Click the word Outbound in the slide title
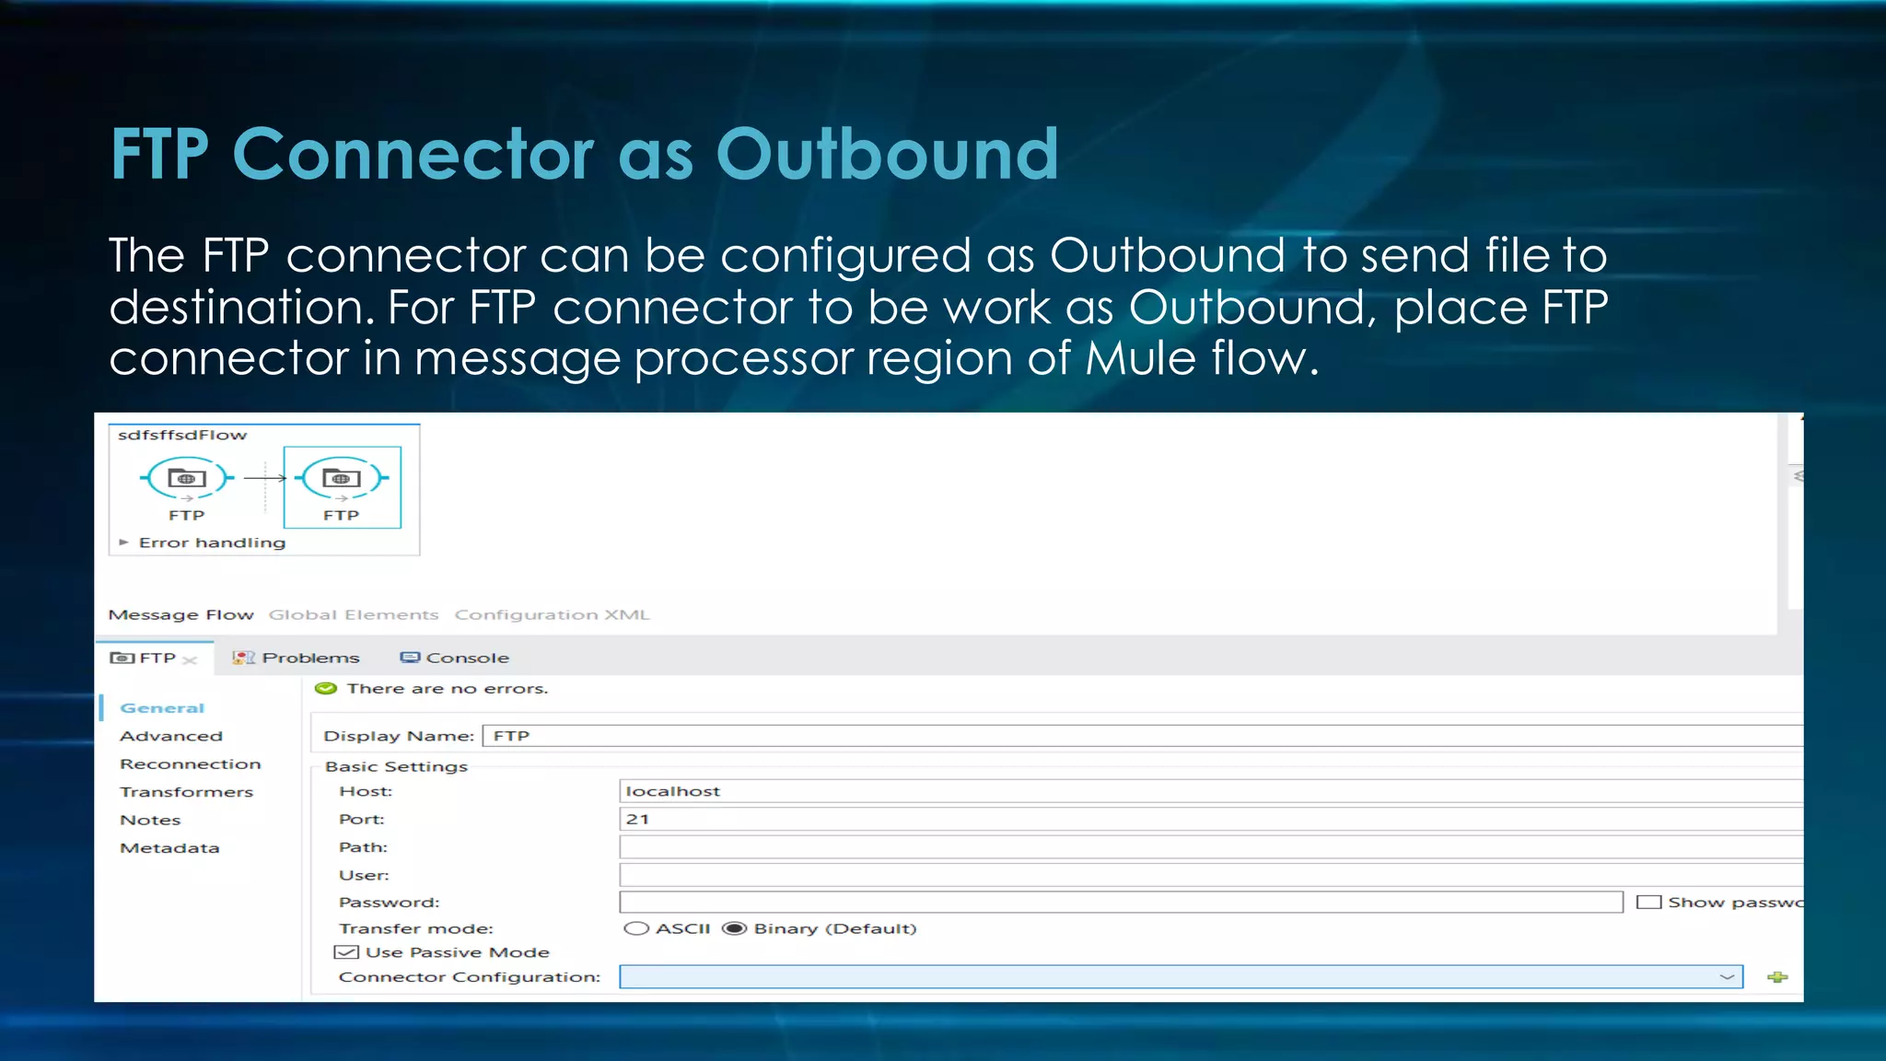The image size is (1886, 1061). coord(887,154)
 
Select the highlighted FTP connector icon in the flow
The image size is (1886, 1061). coord(342,478)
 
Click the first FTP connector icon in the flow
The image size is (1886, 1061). coord(187,478)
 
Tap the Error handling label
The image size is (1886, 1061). coord(212,542)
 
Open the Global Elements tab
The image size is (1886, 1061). coord(354,614)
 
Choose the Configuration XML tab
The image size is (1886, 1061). coord(552,614)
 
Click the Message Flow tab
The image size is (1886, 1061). coord(180,614)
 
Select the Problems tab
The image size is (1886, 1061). coord(309,658)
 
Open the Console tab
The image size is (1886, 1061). coord(467,658)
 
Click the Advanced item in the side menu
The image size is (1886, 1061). coord(171,736)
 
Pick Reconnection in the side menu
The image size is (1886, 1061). coord(191,764)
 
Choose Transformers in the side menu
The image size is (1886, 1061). coord(186,792)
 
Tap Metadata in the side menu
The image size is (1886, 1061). coord(169,847)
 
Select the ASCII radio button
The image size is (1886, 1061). coord(636,928)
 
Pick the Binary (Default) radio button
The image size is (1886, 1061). coord(734,928)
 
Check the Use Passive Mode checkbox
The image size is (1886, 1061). coord(346,952)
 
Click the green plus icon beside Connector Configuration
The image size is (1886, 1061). coord(1777,977)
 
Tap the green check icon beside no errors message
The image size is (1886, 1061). coord(326,688)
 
